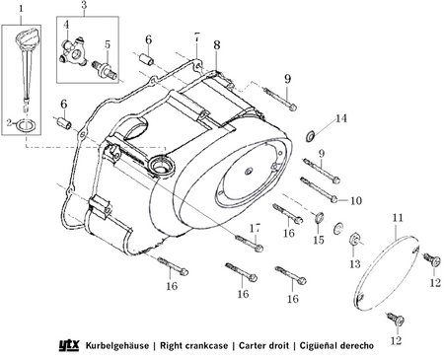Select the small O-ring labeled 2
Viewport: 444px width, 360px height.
click(x=26, y=123)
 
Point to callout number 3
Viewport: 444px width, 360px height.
click(x=84, y=8)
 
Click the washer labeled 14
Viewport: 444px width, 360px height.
click(x=312, y=132)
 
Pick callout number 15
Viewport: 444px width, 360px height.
click(x=318, y=241)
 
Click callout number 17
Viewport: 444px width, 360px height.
click(x=256, y=228)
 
